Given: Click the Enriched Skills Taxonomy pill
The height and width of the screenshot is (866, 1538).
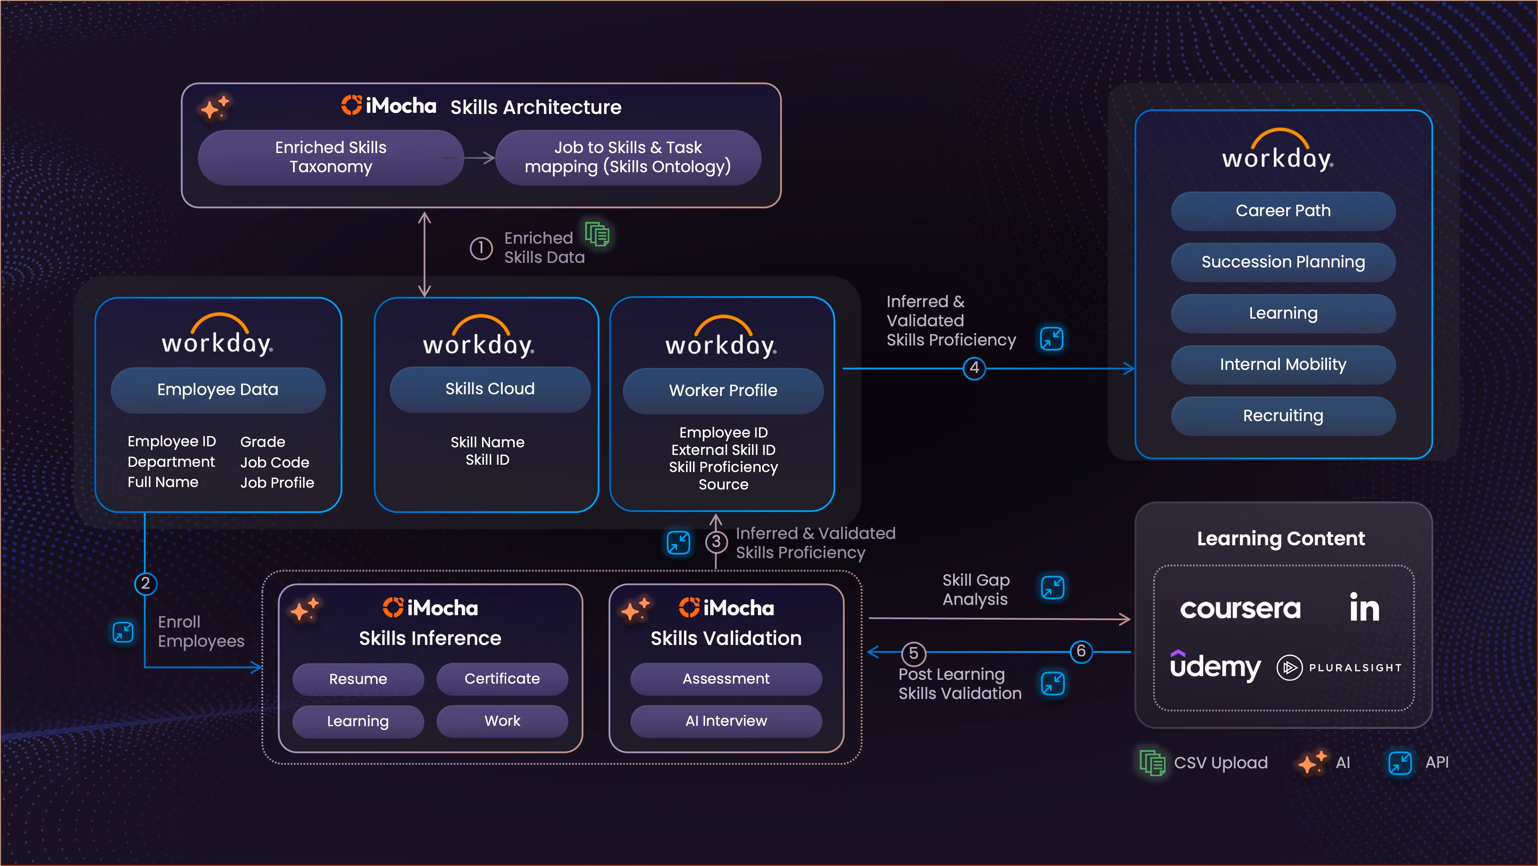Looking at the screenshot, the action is (331, 157).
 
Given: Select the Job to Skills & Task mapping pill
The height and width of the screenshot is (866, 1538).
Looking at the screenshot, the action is (628, 157).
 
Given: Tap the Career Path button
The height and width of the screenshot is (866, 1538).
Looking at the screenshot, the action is (1283, 211).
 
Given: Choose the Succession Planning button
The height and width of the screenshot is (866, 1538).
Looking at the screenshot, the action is (1283, 262).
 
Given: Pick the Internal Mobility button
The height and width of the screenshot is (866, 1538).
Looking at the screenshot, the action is (1283, 365).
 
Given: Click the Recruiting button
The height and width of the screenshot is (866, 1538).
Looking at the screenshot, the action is (1283, 416).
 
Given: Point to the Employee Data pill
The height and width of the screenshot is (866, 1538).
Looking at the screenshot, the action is (218, 390).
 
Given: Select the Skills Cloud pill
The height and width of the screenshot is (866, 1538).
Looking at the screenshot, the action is (490, 389).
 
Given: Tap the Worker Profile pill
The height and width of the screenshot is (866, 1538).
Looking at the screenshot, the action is (723, 391).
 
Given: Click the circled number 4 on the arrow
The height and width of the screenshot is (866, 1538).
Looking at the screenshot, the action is (974, 368).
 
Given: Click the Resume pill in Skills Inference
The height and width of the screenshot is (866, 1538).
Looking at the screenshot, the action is (358, 679).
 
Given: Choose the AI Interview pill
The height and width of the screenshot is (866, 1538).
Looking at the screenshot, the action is (726, 721).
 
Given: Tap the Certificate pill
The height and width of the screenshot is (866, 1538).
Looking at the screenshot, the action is (502, 679).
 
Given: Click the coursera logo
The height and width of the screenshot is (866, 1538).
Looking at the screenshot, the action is (1240, 609).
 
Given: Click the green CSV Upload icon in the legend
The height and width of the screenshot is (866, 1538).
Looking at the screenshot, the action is (1152, 763).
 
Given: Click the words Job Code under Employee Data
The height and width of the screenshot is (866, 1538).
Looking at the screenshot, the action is (275, 463).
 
